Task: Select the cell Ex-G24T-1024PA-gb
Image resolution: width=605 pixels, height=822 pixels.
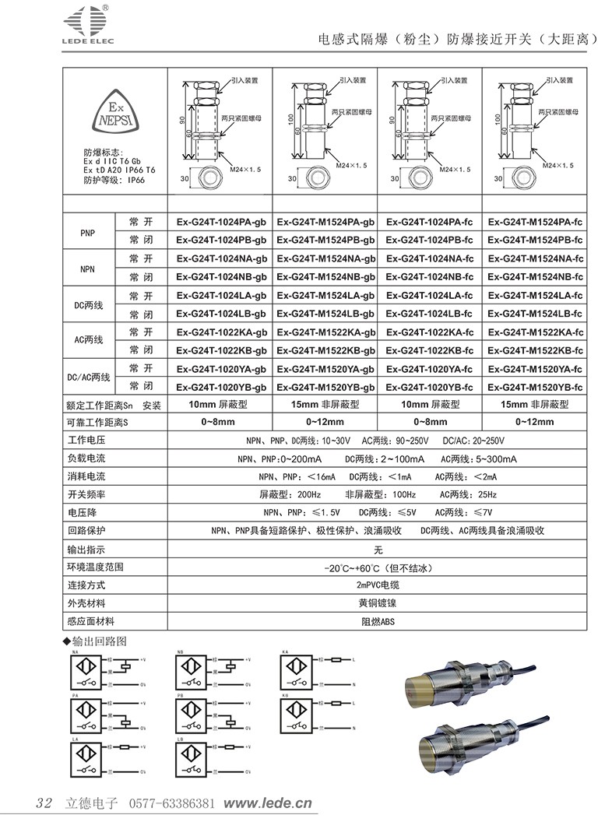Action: click(x=221, y=223)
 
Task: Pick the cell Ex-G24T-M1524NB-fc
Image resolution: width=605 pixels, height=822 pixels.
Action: click(x=536, y=277)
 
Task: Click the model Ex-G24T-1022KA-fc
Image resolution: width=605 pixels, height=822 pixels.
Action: click(x=430, y=332)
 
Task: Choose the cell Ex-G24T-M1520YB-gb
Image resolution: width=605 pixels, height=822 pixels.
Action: click(x=325, y=387)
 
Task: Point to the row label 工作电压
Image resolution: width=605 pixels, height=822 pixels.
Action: click(x=86, y=441)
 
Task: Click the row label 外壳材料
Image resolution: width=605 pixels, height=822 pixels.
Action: click(x=86, y=603)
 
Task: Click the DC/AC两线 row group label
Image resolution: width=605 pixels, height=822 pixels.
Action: click(x=89, y=378)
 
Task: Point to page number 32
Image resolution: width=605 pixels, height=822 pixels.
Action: click(x=44, y=803)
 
